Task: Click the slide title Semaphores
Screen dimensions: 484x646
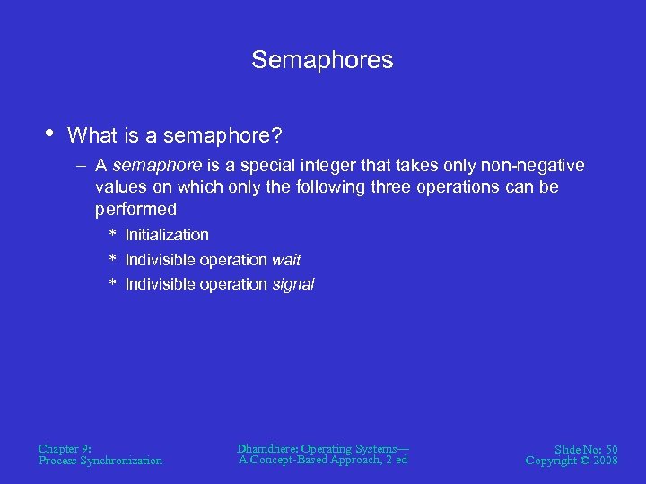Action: point(322,60)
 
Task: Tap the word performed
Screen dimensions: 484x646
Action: point(136,209)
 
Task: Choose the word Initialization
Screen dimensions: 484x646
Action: point(167,235)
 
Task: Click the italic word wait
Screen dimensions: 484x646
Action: point(286,260)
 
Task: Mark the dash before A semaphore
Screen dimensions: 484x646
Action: point(82,166)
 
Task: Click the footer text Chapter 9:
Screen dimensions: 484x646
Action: point(65,448)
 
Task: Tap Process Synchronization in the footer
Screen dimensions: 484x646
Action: point(100,461)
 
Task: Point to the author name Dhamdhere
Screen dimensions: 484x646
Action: point(266,448)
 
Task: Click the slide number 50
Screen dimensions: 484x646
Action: point(610,448)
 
